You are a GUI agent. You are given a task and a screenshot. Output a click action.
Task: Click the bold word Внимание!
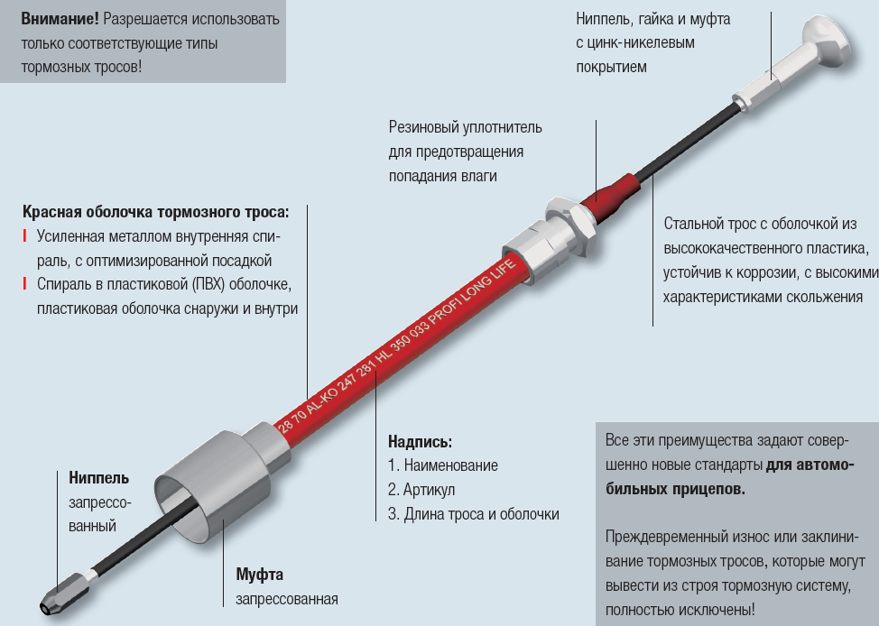point(60,19)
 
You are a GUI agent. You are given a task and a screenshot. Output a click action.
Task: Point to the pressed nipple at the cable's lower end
point(64,592)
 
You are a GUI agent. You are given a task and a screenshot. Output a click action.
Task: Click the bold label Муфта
point(260,575)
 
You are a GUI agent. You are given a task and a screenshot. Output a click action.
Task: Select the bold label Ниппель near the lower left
point(98,478)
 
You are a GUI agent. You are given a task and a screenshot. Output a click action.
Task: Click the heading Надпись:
point(420,442)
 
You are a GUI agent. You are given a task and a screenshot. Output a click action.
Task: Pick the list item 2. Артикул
point(421,490)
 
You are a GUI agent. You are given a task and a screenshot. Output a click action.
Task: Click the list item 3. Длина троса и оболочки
point(473,514)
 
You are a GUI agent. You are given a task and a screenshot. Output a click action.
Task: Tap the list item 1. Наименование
point(443,465)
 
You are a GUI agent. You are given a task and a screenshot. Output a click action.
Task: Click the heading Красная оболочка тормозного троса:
point(156,212)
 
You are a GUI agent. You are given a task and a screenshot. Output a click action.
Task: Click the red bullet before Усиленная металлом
point(24,236)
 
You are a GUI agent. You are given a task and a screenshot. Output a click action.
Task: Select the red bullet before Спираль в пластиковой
point(24,283)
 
